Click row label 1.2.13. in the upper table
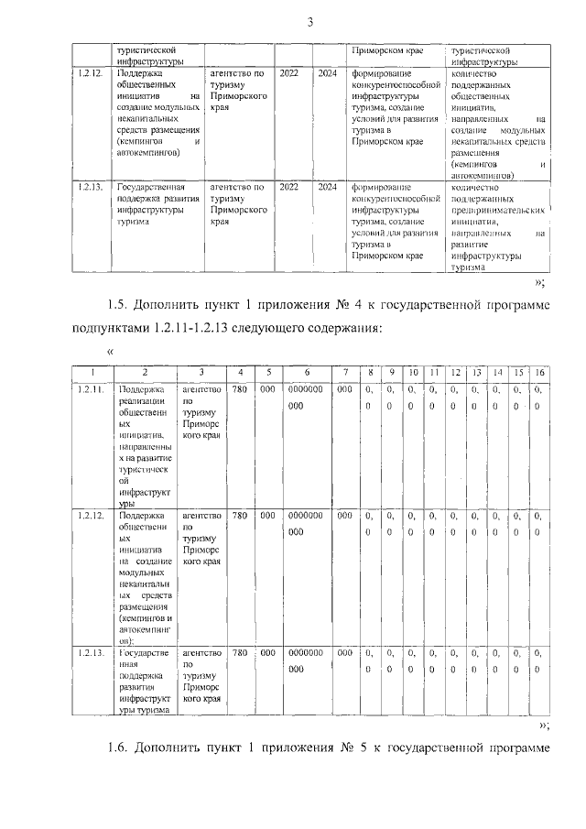90,188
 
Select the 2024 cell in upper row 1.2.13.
327,188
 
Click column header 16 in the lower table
538,373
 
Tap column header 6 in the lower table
306,373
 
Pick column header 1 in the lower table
91,373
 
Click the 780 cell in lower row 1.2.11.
239,390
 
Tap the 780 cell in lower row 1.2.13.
239,653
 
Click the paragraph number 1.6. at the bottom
120,752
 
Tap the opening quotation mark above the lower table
110,352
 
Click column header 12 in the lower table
454,373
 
